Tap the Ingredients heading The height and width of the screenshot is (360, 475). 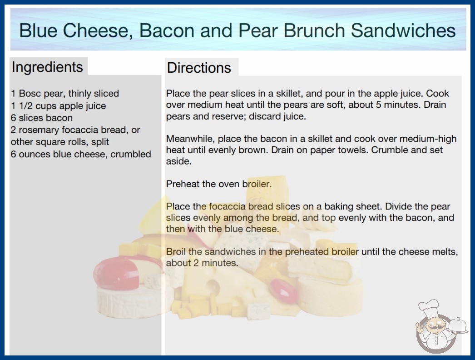[47, 67]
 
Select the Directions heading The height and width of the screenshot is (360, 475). [199, 68]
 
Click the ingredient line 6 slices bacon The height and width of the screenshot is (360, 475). [42, 118]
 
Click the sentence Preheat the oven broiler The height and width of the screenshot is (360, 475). [219, 184]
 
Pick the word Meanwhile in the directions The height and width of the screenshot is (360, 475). [191, 139]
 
